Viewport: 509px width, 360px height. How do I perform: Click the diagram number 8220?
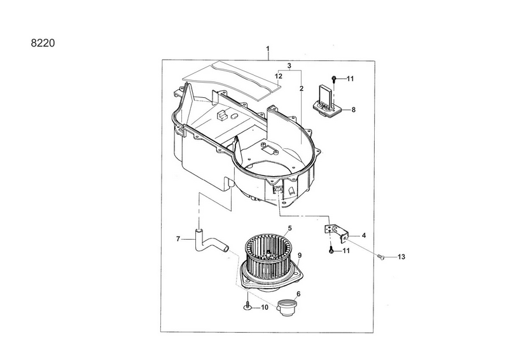coord(43,43)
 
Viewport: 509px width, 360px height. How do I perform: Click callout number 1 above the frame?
coord(268,49)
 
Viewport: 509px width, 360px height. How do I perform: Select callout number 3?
coord(289,66)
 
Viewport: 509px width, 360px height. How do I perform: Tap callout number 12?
coord(278,76)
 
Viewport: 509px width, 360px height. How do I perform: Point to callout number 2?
coord(302,88)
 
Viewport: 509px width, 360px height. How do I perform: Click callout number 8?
coord(354,110)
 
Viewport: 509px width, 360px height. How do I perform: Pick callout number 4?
coord(363,235)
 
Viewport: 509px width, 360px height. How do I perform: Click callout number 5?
coord(289,228)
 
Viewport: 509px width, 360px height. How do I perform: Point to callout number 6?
coord(298,294)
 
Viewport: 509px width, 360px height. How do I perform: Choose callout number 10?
coord(265,307)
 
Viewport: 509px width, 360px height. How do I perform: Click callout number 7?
coord(178,239)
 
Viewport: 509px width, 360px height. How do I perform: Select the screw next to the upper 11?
coord(334,79)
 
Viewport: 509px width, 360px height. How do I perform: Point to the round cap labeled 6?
coord(286,308)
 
